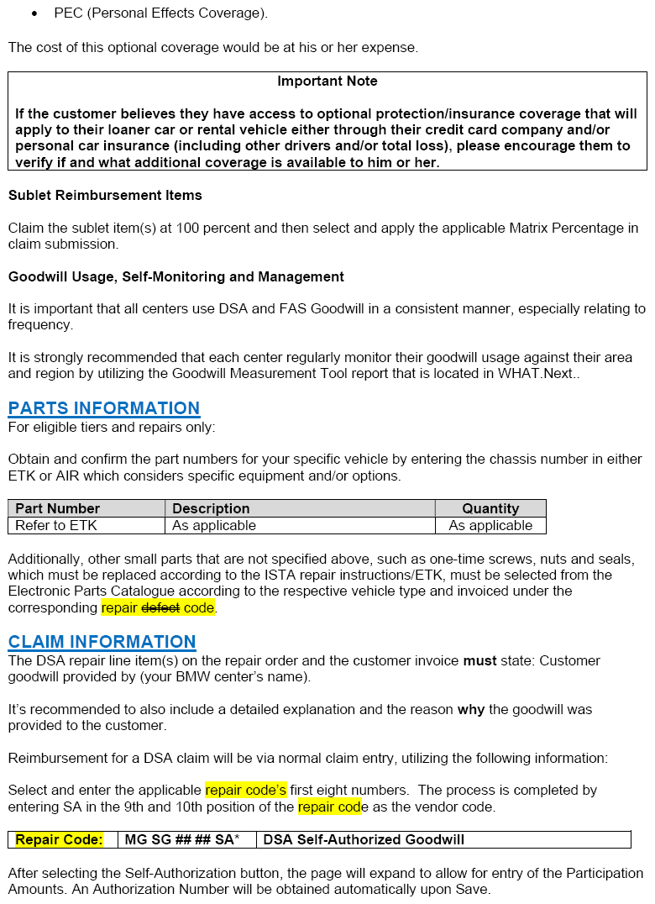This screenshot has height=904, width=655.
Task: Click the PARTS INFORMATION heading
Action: pos(104,408)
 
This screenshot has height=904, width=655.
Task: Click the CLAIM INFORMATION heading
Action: pos(102,642)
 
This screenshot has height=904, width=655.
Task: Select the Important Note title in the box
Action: pos(327,81)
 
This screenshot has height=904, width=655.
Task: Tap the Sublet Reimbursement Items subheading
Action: pos(105,195)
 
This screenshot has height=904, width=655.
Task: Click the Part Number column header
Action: pos(57,508)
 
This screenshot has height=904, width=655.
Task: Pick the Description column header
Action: pos(211,508)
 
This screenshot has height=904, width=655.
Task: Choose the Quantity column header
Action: pos(490,508)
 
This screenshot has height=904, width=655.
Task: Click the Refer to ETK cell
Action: pos(56,526)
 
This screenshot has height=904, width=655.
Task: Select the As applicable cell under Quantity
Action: pos(490,526)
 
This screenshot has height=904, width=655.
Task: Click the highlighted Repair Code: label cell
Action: pos(59,839)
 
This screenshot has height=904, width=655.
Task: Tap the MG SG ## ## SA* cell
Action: pos(181,839)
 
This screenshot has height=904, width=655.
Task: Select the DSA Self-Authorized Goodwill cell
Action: pos(364,839)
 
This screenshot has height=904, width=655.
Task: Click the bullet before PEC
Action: pos(34,14)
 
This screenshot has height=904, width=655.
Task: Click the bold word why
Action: pos(470,710)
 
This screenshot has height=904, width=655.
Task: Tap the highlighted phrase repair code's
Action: pos(245,791)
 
